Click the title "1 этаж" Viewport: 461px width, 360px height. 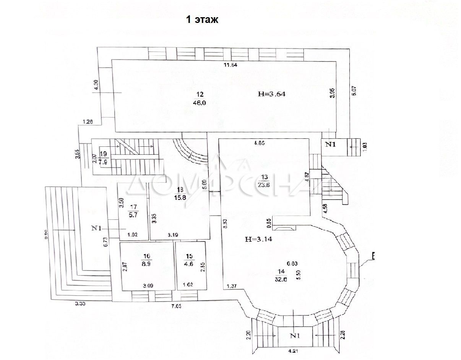point(202,20)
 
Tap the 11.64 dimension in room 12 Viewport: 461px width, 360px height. point(231,65)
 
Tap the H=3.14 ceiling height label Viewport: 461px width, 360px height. point(259,240)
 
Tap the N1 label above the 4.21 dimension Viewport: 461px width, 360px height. point(295,336)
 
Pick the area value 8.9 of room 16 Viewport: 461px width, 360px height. point(148,263)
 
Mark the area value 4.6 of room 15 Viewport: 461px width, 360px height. point(187,263)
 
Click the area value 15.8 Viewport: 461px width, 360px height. point(180,198)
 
